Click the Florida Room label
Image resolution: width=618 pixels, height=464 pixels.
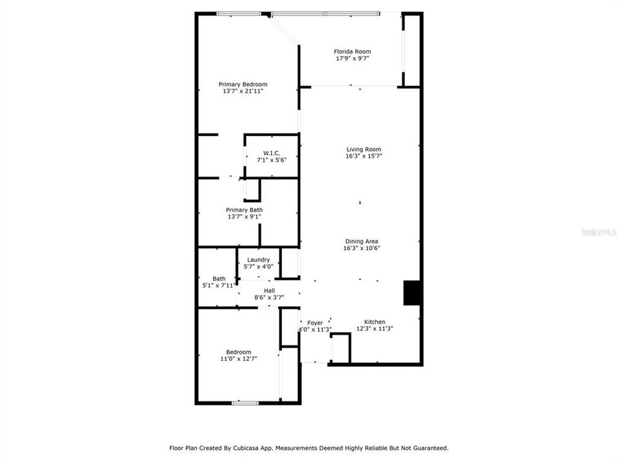tap(352, 52)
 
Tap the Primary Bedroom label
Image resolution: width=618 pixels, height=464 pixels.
tap(243, 84)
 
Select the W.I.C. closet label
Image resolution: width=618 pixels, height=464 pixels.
tap(272, 153)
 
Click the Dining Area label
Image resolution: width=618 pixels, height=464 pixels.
tap(361, 241)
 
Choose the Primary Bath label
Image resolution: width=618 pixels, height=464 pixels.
tap(244, 209)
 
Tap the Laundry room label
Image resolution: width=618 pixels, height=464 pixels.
tap(258, 260)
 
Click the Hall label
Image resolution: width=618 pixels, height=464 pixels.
tap(269, 291)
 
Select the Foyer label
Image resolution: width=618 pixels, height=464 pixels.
tap(315, 322)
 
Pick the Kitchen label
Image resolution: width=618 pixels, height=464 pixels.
tap(375, 322)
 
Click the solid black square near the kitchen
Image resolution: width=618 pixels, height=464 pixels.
tap(412, 293)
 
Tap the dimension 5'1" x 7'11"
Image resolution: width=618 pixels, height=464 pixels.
tap(220, 285)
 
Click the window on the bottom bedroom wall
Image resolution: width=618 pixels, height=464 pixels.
tap(245, 403)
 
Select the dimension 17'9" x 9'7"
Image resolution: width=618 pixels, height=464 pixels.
tap(352, 59)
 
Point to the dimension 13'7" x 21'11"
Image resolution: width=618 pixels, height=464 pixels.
tap(243, 92)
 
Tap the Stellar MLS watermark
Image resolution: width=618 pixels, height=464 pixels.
tap(598, 230)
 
